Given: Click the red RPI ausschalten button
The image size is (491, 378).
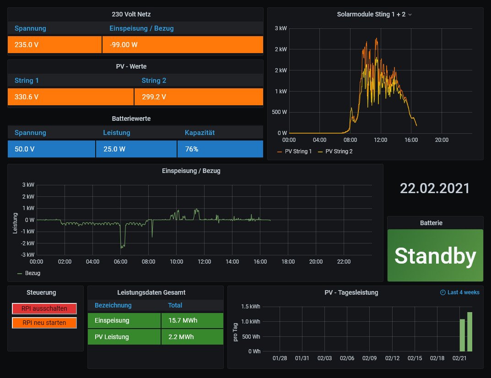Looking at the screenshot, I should (44, 308).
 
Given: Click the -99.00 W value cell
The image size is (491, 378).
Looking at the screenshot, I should (183, 45).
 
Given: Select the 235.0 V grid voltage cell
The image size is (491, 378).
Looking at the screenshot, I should (54, 45).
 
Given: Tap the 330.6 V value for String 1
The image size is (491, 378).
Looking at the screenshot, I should (70, 97).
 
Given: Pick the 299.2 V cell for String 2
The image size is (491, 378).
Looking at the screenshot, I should (199, 97).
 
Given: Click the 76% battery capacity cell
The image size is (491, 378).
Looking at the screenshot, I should (220, 149).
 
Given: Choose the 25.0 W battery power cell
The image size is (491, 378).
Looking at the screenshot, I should (136, 149).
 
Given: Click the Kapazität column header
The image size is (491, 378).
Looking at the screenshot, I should (200, 133).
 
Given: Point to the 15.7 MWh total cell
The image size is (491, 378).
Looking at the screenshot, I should (192, 320).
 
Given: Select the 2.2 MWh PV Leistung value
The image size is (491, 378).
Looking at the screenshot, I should (192, 337).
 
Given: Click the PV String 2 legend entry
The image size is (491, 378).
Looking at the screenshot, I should (339, 151).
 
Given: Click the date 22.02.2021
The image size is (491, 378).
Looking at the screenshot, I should (435, 188).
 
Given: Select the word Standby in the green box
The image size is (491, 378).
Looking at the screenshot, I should (435, 256).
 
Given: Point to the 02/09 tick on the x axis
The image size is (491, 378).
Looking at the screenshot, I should (369, 358).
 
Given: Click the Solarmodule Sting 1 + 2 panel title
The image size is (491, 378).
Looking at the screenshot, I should (371, 14).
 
